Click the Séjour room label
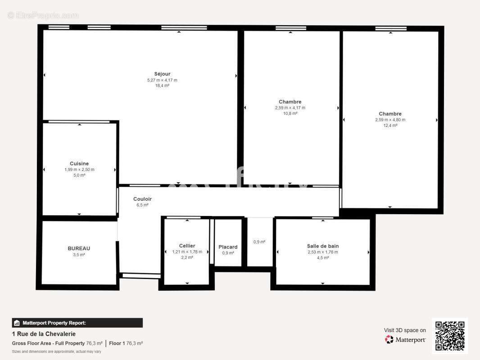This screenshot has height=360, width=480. pyautogui.click(x=162, y=74)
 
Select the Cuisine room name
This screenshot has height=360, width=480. pyautogui.click(x=79, y=163)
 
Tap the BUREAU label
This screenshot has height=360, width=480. pyautogui.click(x=79, y=248)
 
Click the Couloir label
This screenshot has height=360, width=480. pyautogui.click(x=142, y=199)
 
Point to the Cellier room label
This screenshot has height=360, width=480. pyautogui.click(x=187, y=246)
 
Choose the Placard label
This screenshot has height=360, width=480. pyautogui.click(x=228, y=247)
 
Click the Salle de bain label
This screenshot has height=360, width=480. pyautogui.click(x=323, y=246)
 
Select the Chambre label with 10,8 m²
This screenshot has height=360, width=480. pyautogui.click(x=290, y=102)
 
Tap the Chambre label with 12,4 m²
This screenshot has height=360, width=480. pyautogui.click(x=390, y=114)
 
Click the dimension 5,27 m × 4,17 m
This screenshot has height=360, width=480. pyautogui.click(x=162, y=80)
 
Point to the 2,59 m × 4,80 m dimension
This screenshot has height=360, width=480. pyautogui.click(x=390, y=120)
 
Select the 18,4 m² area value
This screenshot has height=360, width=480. pyautogui.click(x=162, y=85)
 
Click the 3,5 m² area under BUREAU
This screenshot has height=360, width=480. pyautogui.click(x=79, y=255)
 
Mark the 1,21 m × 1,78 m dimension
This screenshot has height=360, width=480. pyautogui.click(x=187, y=252)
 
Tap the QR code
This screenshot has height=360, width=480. pyautogui.click(x=450, y=336)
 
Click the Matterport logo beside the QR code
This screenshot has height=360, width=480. pyautogui.click(x=406, y=340)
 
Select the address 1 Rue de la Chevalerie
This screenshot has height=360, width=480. pyautogui.click(x=44, y=334)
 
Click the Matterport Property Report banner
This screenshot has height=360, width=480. pyautogui.click(x=77, y=323)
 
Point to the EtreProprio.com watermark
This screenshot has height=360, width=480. pyautogui.click(x=43, y=15)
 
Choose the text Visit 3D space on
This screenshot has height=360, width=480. pyautogui.click(x=405, y=330)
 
